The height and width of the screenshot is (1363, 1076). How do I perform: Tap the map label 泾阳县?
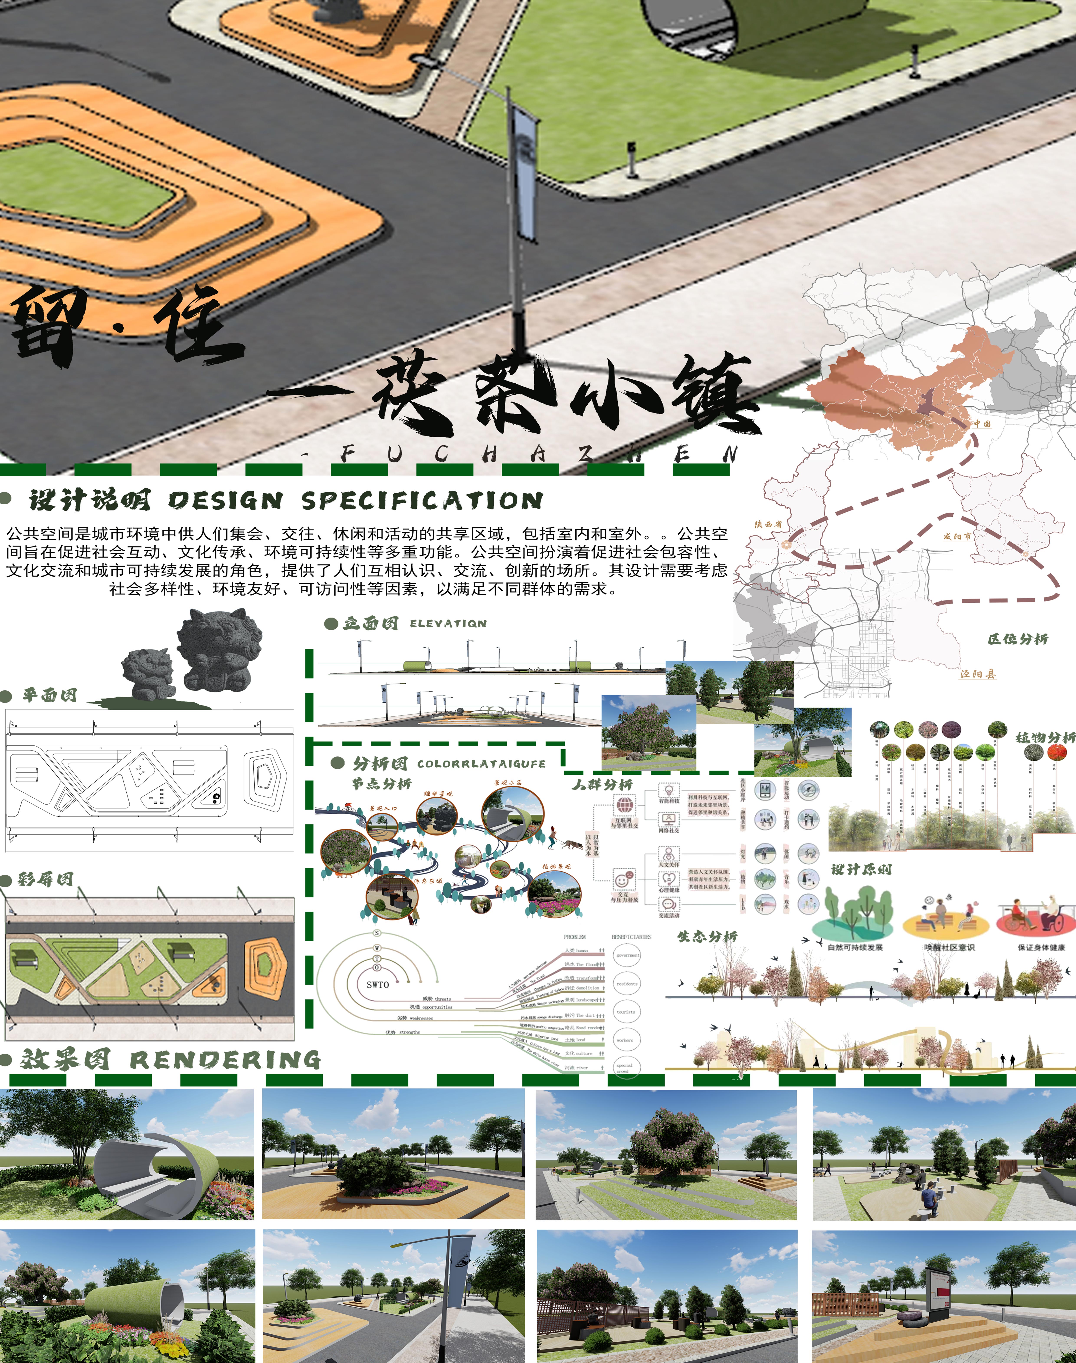pos(978,674)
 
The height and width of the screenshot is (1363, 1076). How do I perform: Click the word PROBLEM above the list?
pos(575,937)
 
